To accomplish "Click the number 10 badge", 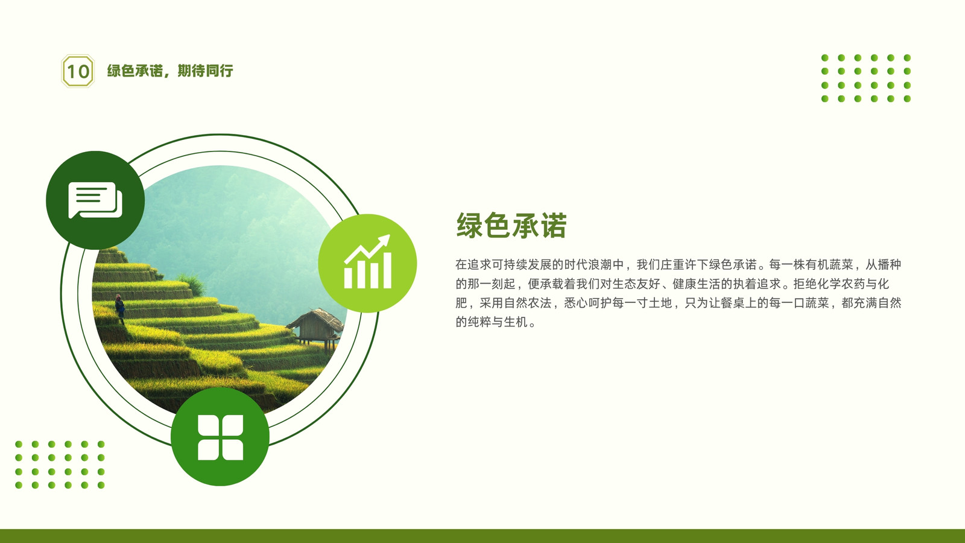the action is click(78, 71).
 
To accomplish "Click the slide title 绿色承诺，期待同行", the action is click(170, 71).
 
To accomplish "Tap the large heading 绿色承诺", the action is click(511, 225).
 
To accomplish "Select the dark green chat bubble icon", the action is click(95, 200).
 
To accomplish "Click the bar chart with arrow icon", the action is click(367, 263).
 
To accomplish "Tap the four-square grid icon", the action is click(220, 437).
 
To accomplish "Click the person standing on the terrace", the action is click(120, 308).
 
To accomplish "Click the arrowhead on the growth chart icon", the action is click(384, 240).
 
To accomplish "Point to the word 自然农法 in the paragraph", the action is click(528, 303).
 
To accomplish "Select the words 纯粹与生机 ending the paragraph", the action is click(498, 322).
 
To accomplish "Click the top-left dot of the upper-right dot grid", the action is click(825, 58).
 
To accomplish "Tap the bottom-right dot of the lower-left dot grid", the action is click(101, 485).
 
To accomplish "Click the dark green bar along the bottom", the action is click(482, 536).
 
